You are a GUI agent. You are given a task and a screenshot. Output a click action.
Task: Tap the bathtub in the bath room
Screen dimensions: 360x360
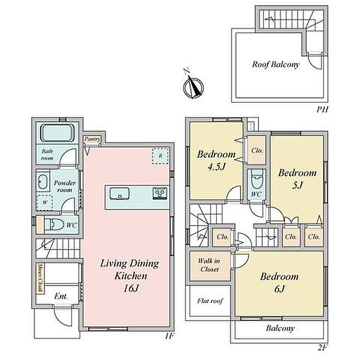tap(58, 133)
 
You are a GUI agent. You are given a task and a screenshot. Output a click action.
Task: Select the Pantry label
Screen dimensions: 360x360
tap(92, 139)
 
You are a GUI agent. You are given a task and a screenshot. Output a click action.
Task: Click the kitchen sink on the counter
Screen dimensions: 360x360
tap(119, 194)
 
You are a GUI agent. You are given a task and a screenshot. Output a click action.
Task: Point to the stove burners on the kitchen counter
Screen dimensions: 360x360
tap(160, 193)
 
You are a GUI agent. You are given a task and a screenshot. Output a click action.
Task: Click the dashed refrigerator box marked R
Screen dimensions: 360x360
tap(160, 156)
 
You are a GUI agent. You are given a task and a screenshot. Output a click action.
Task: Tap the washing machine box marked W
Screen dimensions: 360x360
tap(45, 203)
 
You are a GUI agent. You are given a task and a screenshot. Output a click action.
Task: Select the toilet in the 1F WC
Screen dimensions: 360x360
tap(54, 225)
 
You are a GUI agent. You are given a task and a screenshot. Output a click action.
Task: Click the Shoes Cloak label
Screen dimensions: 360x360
tap(40, 278)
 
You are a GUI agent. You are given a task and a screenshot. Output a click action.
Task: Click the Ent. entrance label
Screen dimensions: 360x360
tap(61, 296)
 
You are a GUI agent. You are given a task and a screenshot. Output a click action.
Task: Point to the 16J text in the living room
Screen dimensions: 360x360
tap(131, 289)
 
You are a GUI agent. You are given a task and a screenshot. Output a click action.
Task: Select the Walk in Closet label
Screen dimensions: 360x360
tap(209, 265)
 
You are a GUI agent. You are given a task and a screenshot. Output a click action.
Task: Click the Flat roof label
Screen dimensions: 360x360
tap(210, 301)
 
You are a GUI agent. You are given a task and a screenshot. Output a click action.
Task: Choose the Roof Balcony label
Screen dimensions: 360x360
tap(276, 65)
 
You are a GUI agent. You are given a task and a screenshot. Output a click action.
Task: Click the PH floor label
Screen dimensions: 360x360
tap(322, 109)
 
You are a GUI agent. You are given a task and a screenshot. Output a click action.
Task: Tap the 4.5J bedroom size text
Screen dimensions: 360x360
tap(216, 167)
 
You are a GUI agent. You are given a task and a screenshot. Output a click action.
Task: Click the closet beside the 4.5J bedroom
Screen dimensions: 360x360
tap(257, 150)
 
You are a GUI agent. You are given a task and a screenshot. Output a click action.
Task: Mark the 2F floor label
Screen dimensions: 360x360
tap(322, 347)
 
